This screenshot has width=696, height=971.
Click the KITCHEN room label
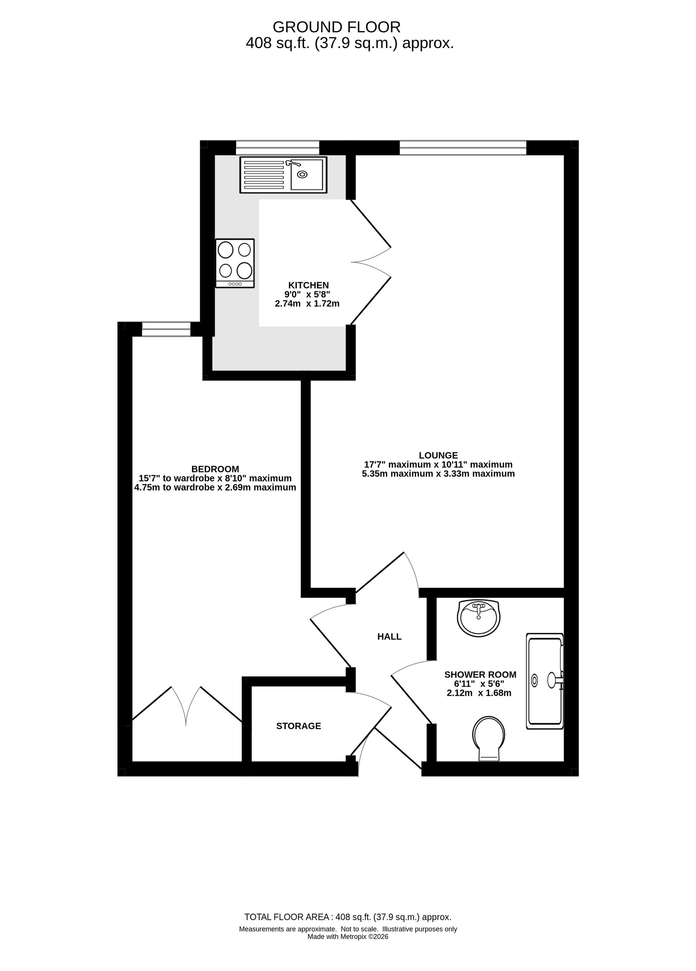click(x=308, y=285)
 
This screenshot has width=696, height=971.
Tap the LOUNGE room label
click(x=438, y=455)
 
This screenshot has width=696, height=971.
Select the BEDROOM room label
click(x=215, y=469)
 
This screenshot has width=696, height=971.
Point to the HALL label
click(x=389, y=637)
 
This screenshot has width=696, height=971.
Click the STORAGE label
click(x=299, y=726)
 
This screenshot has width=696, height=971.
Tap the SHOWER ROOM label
click(x=480, y=675)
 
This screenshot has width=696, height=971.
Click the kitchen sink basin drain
click(x=302, y=174)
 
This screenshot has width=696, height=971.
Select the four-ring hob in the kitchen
click(x=235, y=263)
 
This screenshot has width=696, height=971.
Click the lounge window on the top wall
click(x=462, y=148)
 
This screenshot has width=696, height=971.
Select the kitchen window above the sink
click(x=278, y=148)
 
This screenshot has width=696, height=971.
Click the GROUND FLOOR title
click(x=337, y=27)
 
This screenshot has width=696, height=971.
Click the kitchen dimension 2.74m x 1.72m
click(x=307, y=304)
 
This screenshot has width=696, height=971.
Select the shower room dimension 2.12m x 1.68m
click(x=479, y=693)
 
